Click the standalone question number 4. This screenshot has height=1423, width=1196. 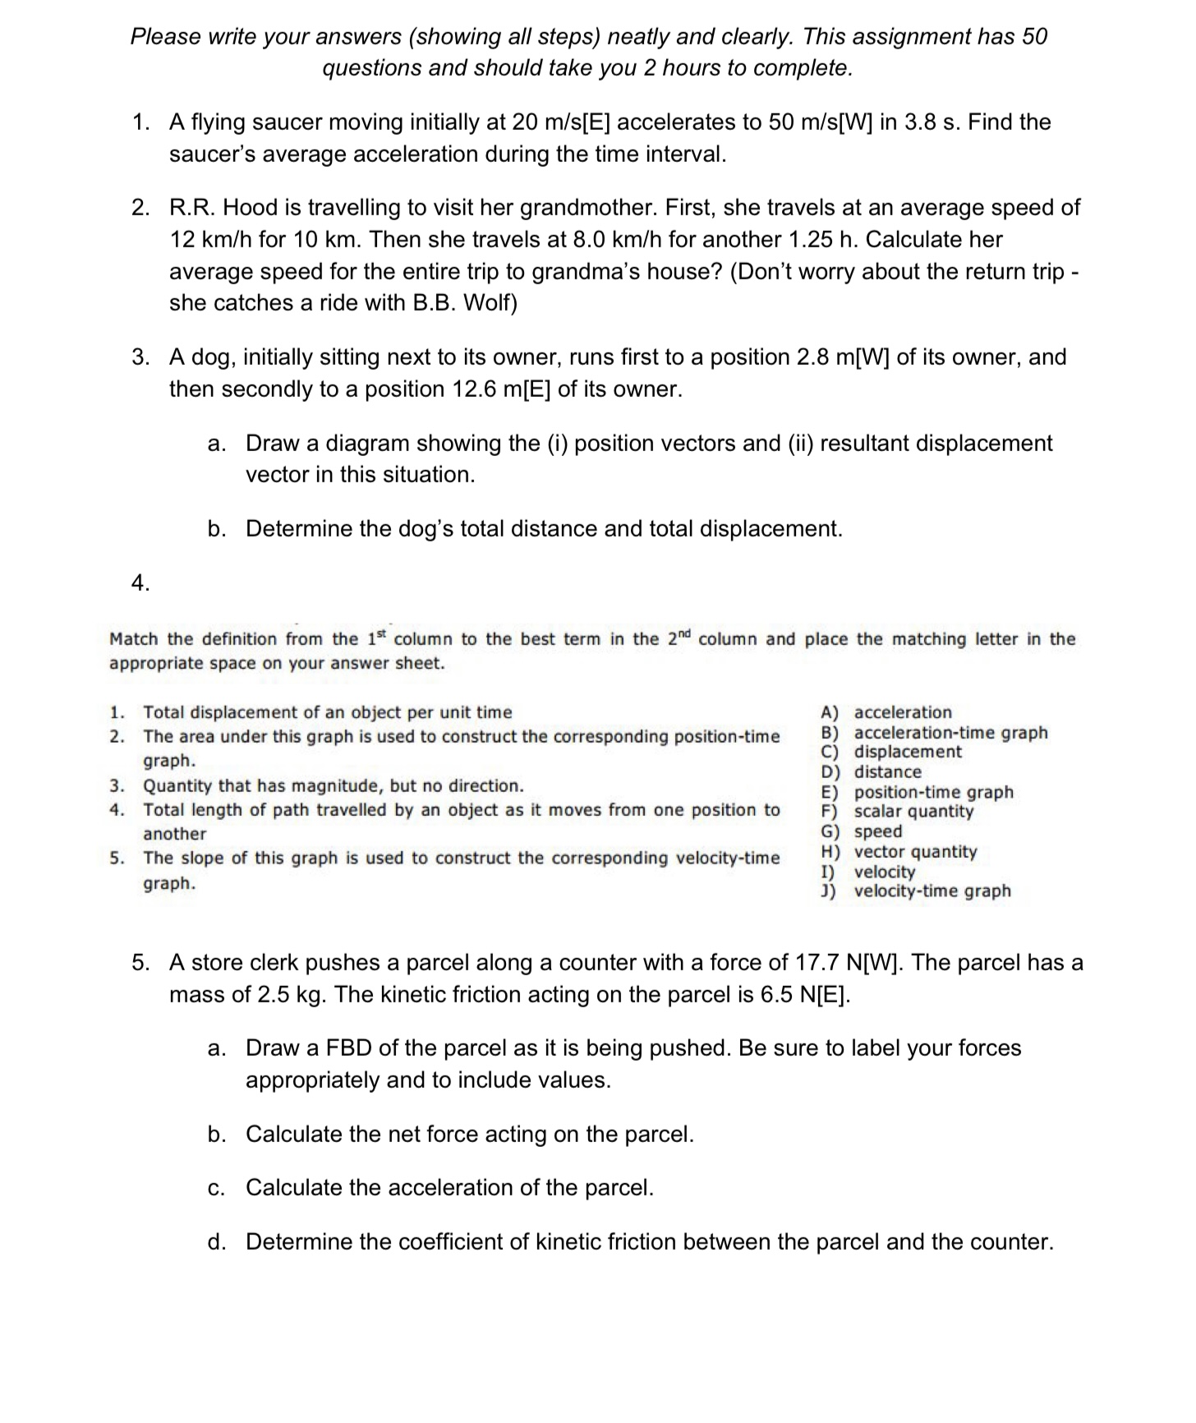click(x=140, y=583)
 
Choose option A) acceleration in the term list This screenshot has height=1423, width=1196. click(x=886, y=712)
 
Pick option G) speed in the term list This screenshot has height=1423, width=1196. click(x=862, y=831)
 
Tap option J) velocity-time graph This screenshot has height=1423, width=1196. click(x=916, y=891)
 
